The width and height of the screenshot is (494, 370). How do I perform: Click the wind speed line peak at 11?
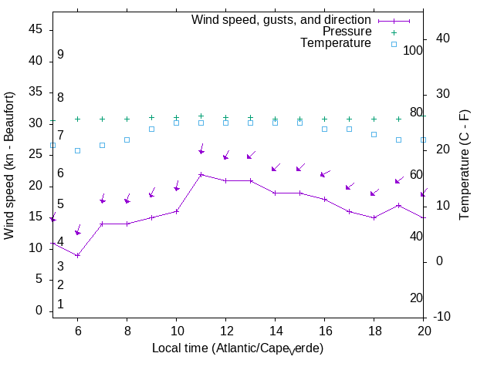click(201, 175)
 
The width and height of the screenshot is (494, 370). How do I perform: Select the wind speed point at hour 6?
click(77, 255)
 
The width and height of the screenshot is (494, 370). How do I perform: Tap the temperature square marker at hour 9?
click(151, 129)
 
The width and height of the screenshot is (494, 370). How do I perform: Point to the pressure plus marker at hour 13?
click(250, 118)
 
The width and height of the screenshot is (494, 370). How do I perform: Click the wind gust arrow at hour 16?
click(324, 173)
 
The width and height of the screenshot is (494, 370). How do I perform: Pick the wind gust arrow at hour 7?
click(102, 200)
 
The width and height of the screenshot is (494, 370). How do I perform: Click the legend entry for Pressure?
click(347, 32)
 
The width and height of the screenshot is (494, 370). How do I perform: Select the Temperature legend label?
click(336, 44)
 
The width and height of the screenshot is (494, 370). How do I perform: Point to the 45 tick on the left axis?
click(35, 29)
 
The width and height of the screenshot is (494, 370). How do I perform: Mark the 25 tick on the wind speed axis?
click(35, 154)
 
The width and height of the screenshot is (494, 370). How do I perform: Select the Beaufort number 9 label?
click(59, 55)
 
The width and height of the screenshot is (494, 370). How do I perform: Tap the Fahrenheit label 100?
click(414, 50)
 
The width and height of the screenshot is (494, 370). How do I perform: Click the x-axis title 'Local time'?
click(237, 348)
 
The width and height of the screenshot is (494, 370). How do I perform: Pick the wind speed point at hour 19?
click(398, 205)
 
